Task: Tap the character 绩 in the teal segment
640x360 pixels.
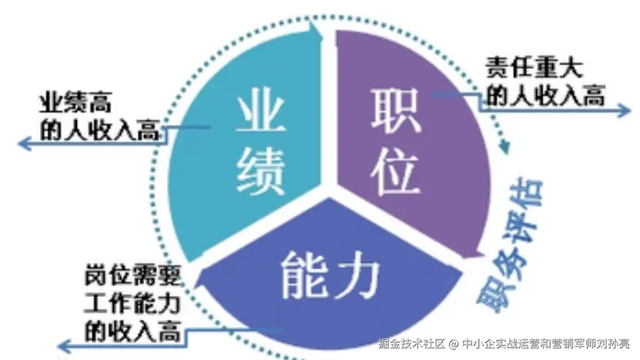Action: tap(261, 170)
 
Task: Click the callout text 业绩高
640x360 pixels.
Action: tap(75, 104)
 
